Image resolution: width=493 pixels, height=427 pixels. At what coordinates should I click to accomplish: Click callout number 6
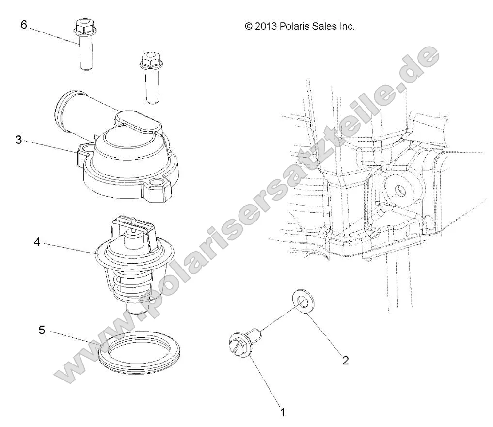(23, 25)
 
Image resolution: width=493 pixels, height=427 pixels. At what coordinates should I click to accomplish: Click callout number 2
(345, 360)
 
